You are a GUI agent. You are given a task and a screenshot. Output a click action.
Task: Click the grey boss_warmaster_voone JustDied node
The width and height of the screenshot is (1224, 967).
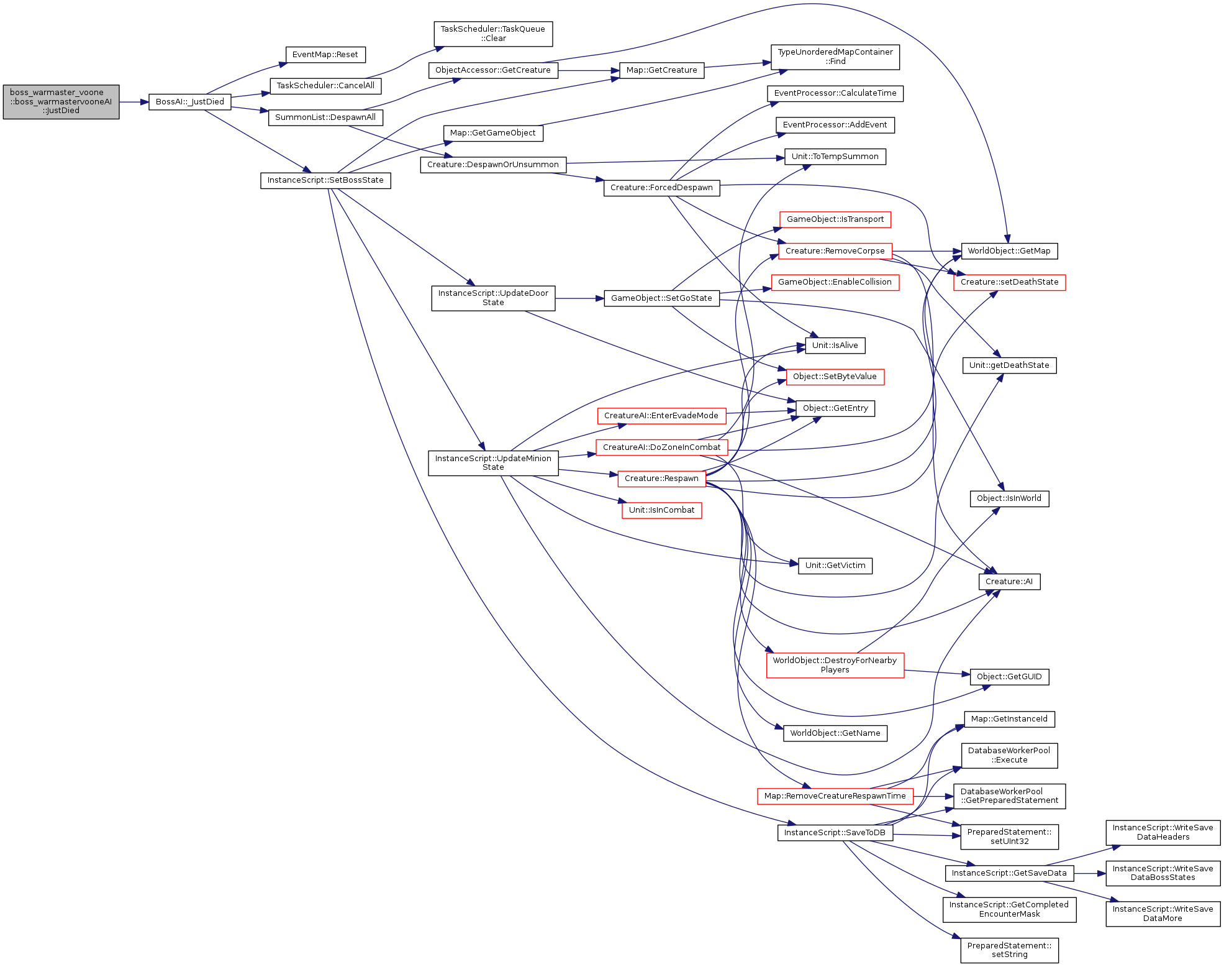[61, 102]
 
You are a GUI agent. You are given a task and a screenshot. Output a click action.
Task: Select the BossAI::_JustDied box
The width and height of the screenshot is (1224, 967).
[190, 102]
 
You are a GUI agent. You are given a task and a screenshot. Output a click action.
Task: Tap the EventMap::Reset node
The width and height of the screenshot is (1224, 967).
[325, 55]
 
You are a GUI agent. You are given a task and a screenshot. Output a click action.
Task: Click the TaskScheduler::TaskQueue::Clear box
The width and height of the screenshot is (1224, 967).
[493, 34]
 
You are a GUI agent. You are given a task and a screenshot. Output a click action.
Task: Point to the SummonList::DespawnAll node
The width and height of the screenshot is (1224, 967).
[325, 117]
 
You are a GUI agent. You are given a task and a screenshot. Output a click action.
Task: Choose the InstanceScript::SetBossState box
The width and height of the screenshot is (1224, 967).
[325, 180]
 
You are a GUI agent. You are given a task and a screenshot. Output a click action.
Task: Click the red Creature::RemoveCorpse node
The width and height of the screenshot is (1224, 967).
[835, 251]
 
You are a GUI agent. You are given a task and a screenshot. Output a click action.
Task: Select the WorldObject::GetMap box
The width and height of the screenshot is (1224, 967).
[1009, 251]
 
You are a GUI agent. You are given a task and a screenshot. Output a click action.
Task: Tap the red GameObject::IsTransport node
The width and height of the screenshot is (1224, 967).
[835, 219]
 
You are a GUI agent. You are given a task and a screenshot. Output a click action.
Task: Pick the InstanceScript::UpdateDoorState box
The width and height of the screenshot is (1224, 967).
[493, 298]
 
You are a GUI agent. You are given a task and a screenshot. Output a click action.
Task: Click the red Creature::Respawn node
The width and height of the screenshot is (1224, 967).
[662, 479]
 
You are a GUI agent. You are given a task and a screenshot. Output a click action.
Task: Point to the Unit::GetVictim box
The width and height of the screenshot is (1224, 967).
[835, 566]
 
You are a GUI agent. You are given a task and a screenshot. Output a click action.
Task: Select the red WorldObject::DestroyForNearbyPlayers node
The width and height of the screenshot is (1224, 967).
[835, 665]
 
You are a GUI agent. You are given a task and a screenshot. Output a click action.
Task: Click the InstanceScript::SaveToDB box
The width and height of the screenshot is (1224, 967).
[835, 833]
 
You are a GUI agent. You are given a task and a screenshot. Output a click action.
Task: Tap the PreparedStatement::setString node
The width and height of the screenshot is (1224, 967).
[1010, 950]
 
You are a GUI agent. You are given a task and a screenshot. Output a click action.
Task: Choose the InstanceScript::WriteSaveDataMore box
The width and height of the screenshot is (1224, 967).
[1163, 914]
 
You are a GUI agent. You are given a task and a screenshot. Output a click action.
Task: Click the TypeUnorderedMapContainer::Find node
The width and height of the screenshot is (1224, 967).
[835, 57]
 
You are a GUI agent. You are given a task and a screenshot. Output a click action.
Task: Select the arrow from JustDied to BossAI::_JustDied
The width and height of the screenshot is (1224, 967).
[134, 102]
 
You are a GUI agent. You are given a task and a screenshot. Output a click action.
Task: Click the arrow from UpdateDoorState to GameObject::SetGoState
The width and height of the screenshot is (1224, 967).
[579, 298]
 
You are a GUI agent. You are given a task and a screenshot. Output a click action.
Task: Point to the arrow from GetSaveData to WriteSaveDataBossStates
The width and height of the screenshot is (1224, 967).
[1090, 873]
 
